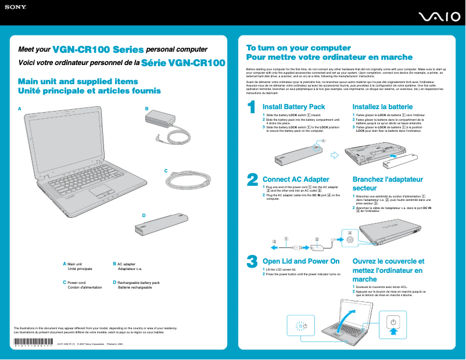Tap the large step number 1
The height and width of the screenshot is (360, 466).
pos(251,108)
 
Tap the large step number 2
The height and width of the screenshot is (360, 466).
pos(252,179)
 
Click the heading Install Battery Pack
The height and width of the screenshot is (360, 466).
pos(293,107)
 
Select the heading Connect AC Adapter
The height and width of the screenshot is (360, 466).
pos(296,179)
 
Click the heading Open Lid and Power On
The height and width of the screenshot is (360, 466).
pos(301,261)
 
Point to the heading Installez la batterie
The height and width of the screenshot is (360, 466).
pos(382,107)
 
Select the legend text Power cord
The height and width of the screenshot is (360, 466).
pos(77,283)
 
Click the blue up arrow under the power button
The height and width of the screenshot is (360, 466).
pos(393,332)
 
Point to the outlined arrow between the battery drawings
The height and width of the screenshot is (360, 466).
pos(334,154)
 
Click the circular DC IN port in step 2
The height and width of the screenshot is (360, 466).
pos(349,239)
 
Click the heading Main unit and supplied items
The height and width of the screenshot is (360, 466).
pos(78,82)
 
